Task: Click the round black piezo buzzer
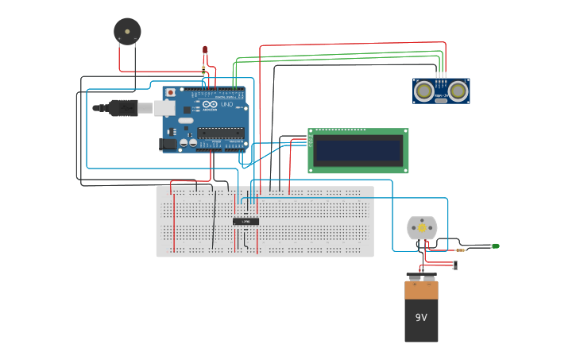tap(127, 31)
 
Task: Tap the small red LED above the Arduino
tap(205, 51)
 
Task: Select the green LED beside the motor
tap(495, 246)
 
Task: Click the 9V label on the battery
tap(421, 317)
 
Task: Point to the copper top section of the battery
tap(421, 289)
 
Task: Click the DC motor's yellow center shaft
tap(422, 227)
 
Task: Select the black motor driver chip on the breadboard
tap(245, 221)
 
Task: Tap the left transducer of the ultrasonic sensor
tap(425, 91)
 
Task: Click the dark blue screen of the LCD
tap(358, 150)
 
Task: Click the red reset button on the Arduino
tap(170, 93)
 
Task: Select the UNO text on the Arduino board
tap(226, 105)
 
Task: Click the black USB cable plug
tap(123, 107)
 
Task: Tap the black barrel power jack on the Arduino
tap(168, 144)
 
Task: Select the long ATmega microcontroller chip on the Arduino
tap(220, 132)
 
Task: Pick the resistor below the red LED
tap(205, 70)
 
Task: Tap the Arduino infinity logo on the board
tap(209, 104)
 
